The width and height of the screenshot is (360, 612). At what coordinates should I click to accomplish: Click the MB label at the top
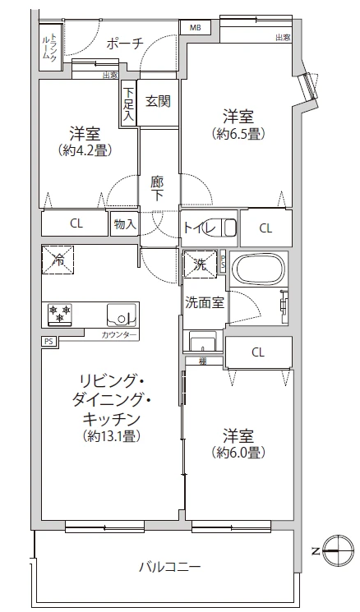195,27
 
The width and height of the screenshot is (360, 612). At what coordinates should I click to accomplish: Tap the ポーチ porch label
125,44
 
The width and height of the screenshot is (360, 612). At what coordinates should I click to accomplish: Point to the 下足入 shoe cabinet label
129,106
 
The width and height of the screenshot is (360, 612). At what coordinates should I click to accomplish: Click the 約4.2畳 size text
85,150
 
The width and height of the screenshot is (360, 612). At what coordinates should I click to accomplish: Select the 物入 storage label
124,223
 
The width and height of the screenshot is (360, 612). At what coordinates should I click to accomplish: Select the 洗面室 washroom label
205,301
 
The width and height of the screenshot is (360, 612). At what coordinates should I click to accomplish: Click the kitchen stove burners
59,314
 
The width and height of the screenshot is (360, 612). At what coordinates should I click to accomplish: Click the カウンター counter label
120,335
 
